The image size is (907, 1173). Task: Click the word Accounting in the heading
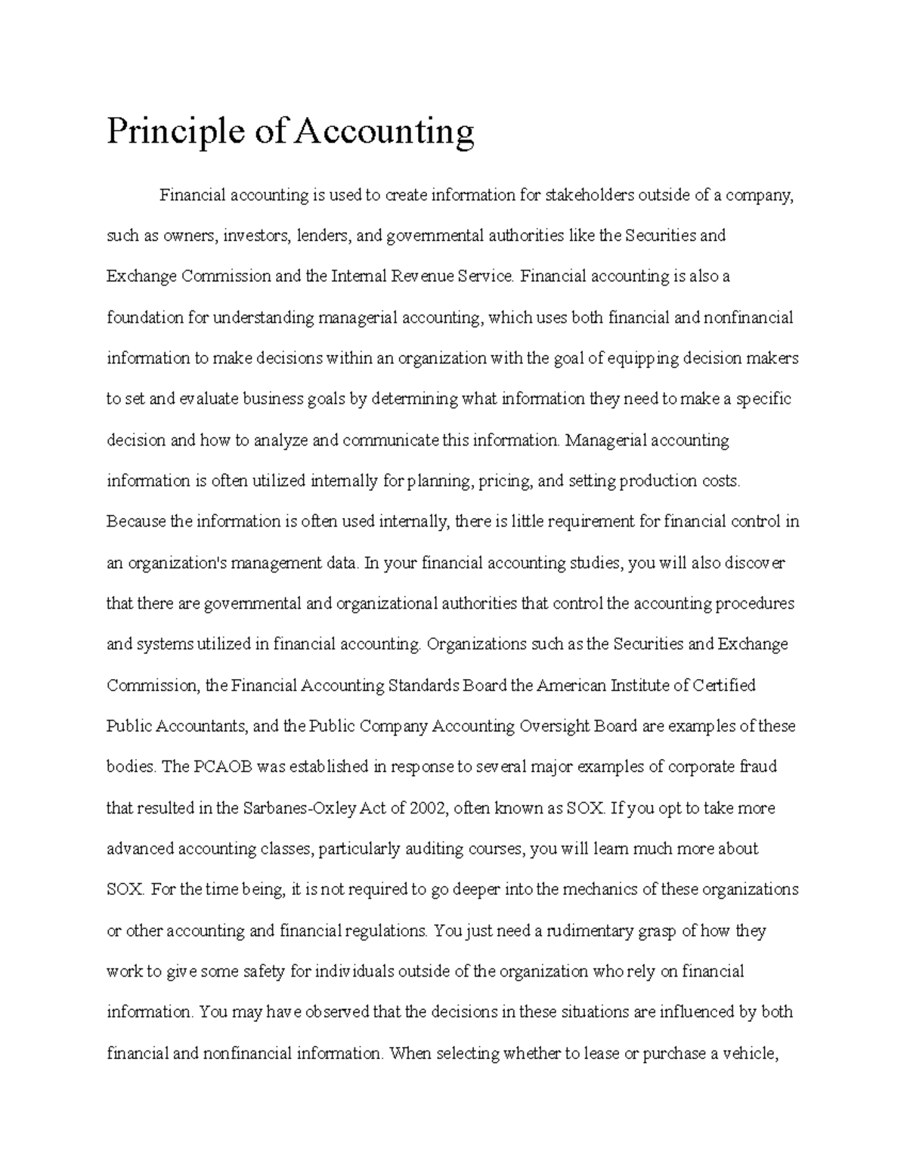pos(384,132)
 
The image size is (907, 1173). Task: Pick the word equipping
pos(643,358)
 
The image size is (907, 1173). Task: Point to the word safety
pos(265,971)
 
